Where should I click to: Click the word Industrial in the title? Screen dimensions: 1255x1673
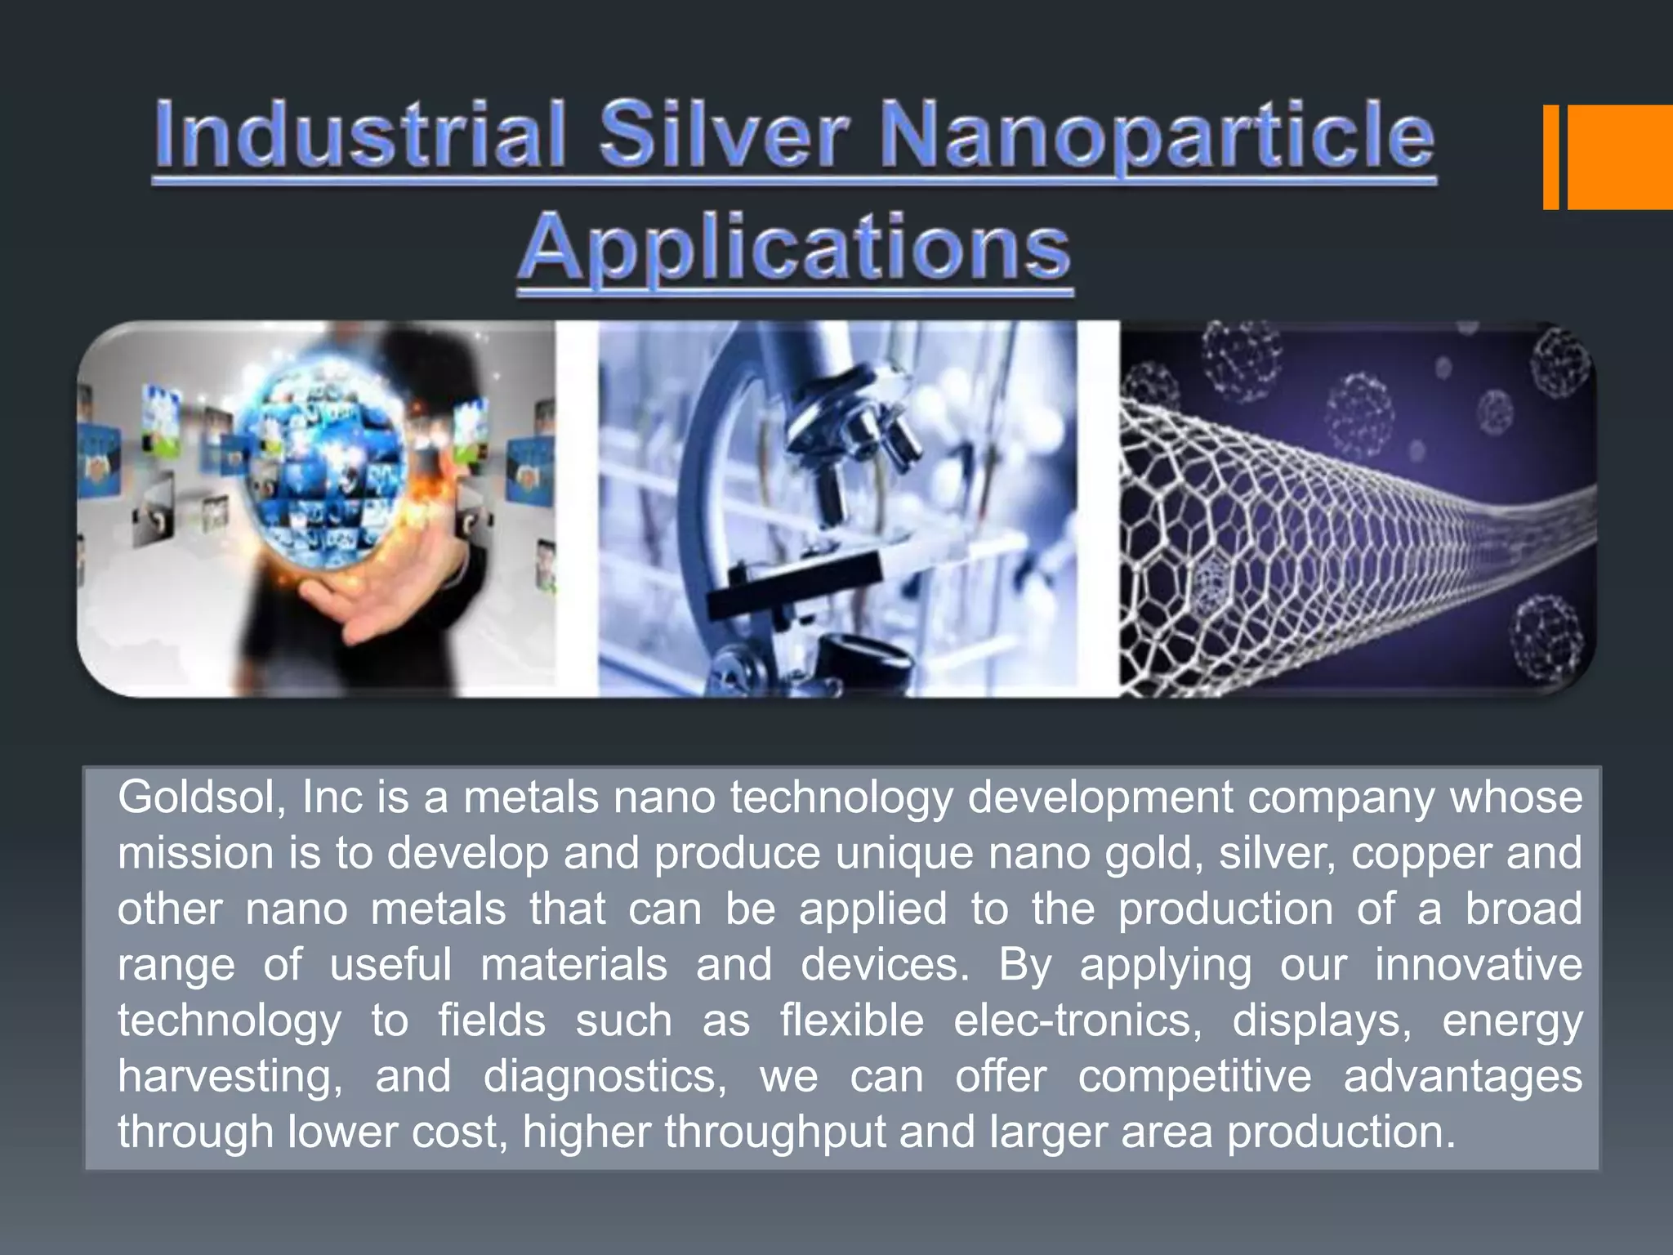[x=359, y=134]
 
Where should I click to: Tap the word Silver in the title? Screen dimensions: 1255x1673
[x=724, y=134]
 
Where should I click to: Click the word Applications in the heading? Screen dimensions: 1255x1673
[x=794, y=248]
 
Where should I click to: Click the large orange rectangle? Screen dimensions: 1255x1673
[x=1619, y=157]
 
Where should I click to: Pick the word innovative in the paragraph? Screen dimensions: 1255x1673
[x=1478, y=964]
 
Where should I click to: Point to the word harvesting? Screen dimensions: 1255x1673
[x=230, y=1077]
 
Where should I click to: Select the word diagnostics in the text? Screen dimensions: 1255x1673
[x=605, y=1077]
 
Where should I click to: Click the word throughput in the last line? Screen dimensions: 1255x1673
[x=774, y=1132]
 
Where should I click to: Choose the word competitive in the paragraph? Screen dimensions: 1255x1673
[x=1194, y=1076]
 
